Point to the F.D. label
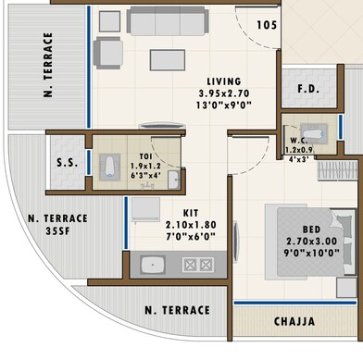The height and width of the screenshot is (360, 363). [308, 90]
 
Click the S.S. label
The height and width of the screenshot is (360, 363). [68, 164]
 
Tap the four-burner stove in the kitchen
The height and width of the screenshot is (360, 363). [198, 265]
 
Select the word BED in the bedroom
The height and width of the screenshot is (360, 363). [311, 230]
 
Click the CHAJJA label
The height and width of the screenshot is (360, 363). [294, 322]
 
